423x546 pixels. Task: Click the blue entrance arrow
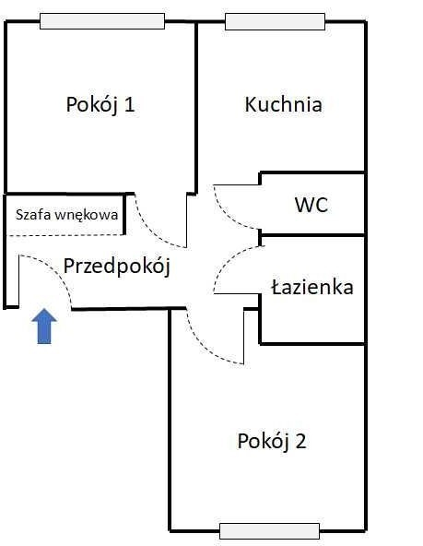pyautogui.click(x=44, y=326)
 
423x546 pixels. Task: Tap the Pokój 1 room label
pyautogui.click(x=100, y=105)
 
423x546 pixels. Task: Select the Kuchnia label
pyautogui.click(x=283, y=104)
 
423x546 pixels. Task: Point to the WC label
pyautogui.click(x=311, y=205)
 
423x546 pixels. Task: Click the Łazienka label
pyautogui.click(x=312, y=287)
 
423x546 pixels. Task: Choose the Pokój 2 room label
pyautogui.click(x=272, y=441)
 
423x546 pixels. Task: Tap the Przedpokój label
pyautogui.click(x=117, y=267)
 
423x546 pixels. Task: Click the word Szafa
pyautogui.click(x=33, y=215)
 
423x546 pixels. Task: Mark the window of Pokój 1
pyautogui.click(x=102, y=21)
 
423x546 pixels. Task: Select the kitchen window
pyautogui.click(x=276, y=21)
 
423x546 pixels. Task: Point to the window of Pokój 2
pyautogui.click(x=270, y=531)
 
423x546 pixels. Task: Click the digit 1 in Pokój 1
pyautogui.click(x=129, y=104)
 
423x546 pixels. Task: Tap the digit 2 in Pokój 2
pyautogui.click(x=300, y=441)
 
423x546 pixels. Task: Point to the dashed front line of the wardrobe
pyautogui.click(x=65, y=235)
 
